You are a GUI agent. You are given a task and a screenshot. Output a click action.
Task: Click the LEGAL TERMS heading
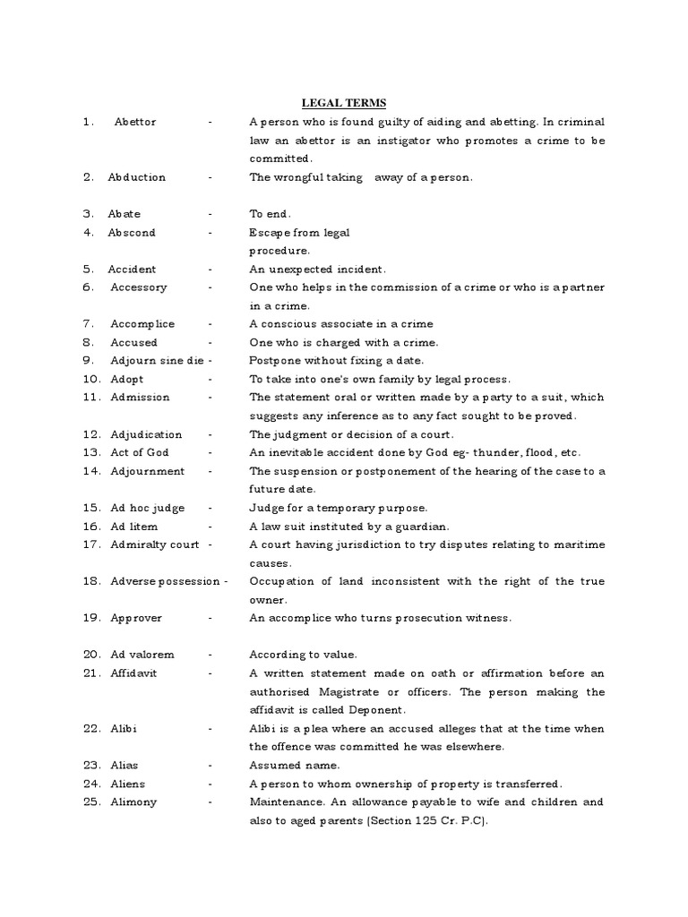tap(343, 104)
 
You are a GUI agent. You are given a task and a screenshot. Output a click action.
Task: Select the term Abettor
tap(135, 122)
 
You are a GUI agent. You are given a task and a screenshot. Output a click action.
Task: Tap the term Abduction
tap(137, 177)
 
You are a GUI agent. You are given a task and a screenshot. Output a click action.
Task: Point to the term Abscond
tap(132, 233)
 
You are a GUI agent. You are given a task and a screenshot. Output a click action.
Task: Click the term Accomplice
tap(142, 324)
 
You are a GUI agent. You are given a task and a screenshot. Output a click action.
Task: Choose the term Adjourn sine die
tap(157, 361)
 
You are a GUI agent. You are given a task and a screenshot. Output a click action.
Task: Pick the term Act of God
tap(139, 453)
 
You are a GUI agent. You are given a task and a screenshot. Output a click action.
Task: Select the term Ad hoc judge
tap(149, 508)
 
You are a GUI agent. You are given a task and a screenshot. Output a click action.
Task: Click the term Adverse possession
tap(165, 582)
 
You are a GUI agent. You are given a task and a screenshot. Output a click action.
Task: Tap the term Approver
tap(136, 619)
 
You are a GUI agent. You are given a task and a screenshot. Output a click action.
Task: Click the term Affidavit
tap(133, 673)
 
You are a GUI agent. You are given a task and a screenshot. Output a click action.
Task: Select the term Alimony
tap(133, 802)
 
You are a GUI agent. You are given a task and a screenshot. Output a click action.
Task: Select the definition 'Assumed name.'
tap(295, 766)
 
